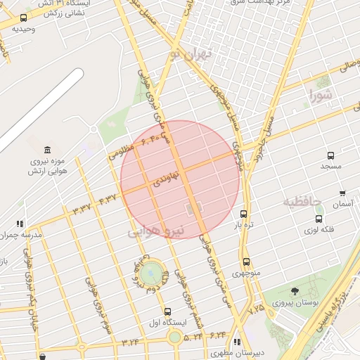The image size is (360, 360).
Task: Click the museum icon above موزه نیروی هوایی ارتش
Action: [47, 150]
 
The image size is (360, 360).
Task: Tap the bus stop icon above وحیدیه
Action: [24, 18]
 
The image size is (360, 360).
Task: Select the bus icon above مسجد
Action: [330, 155]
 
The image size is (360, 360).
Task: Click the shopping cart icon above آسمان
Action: [342, 193]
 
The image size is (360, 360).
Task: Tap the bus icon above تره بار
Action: [244, 214]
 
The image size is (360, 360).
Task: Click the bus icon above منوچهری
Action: [245, 262]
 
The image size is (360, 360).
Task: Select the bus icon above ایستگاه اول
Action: [167, 311]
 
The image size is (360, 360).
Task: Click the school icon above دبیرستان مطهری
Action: [237, 342]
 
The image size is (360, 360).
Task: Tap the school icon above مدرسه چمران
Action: [20, 224]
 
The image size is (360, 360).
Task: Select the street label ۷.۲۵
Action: [256, 308]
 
